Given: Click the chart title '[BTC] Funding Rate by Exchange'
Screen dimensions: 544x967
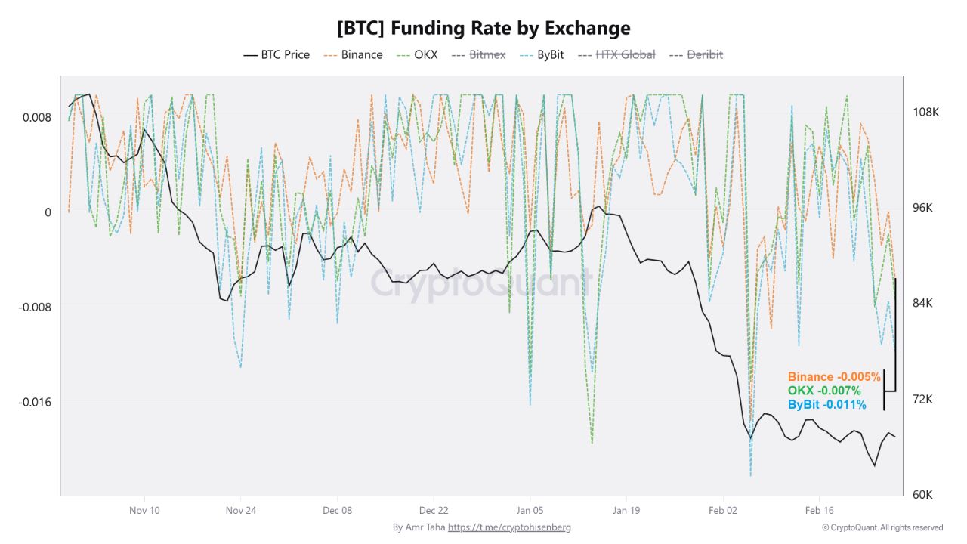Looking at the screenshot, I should click(x=483, y=29).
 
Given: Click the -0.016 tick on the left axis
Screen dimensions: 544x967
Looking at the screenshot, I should click(x=35, y=401).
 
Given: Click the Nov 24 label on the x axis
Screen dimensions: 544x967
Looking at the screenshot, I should click(x=241, y=510).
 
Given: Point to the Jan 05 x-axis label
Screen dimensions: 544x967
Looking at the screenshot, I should click(x=530, y=510).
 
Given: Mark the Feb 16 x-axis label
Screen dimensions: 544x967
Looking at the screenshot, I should click(x=819, y=510).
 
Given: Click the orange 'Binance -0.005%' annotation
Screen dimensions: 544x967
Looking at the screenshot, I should click(x=834, y=376).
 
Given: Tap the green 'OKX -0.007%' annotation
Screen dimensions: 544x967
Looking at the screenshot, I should click(x=824, y=391).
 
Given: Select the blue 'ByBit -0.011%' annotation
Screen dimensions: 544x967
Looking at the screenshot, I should click(x=826, y=405).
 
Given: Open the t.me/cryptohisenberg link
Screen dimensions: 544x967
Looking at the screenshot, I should click(x=509, y=527).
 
